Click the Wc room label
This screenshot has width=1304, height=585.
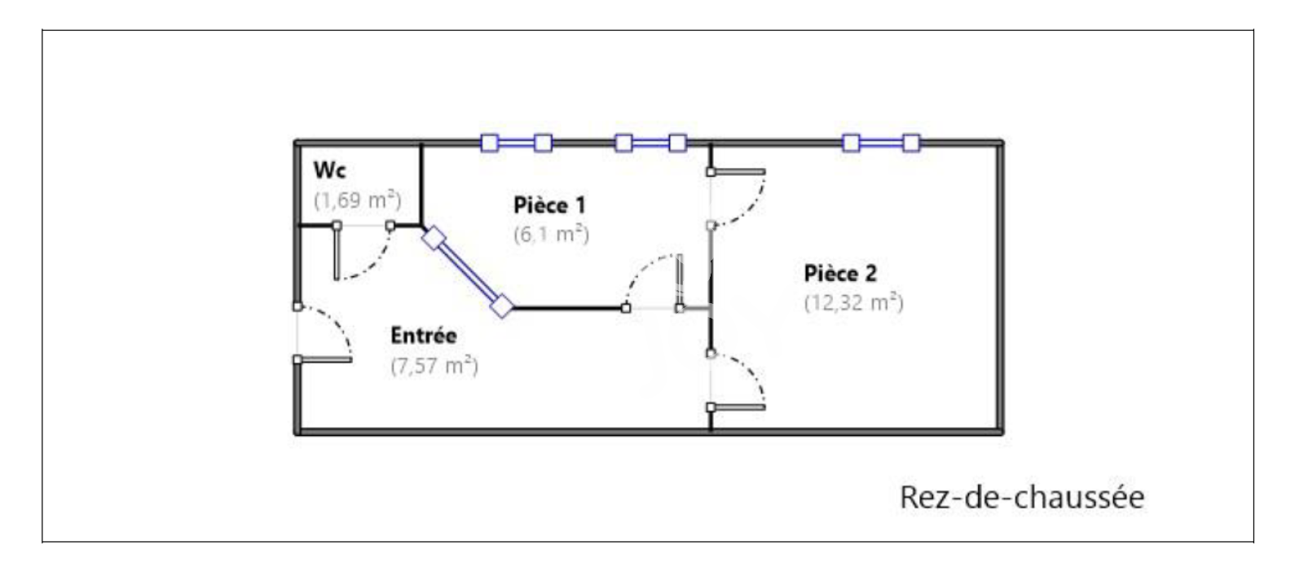pyautogui.click(x=329, y=170)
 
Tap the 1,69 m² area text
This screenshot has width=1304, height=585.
pyautogui.click(x=357, y=200)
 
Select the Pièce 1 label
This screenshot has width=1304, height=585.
pyautogui.click(x=549, y=205)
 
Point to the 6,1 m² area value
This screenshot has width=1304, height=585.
pyautogui.click(x=551, y=235)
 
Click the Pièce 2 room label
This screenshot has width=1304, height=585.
pyautogui.click(x=840, y=273)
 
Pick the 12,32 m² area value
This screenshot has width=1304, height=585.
pyautogui.click(x=853, y=303)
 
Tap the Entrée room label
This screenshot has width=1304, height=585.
pyautogui.click(x=423, y=335)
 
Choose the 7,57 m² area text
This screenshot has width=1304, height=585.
pyautogui.click(x=434, y=366)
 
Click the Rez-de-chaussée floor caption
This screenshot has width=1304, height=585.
pyautogui.click(x=1021, y=497)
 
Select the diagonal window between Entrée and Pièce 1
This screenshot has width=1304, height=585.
pyautogui.click(x=468, y=272)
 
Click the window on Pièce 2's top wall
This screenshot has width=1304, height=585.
pyautogui.click(x=881, y=143)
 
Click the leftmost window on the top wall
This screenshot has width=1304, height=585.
pyautogui.click(x=516, y=143)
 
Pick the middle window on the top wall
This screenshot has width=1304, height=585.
pyautogui.click(x=650, y=143)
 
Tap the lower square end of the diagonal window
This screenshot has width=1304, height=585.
pyautogui.click(x=502, y=306)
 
